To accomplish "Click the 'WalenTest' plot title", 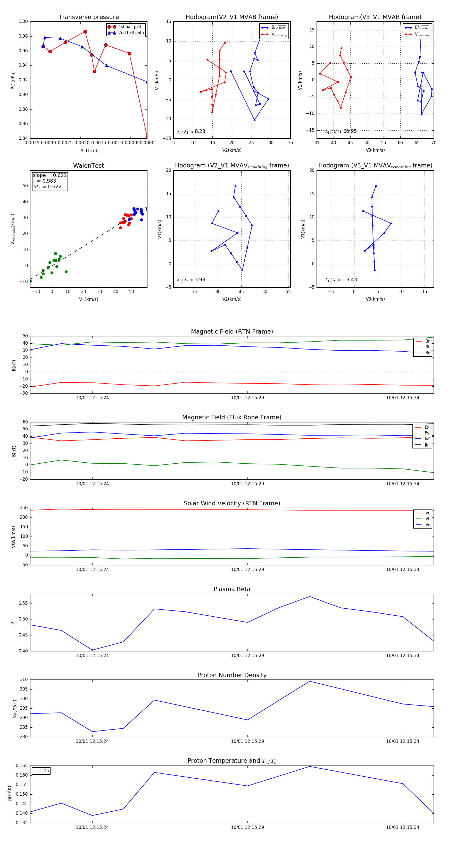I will (88, 166).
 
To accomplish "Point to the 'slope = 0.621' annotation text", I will (49, 175).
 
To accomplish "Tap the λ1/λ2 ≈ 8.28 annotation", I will (191, 131).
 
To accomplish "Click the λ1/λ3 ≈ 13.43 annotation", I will (341, 280).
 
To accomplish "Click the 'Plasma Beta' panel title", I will (232, 589).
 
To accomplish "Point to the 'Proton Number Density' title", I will (232, 675).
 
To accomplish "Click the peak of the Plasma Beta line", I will (309, 597).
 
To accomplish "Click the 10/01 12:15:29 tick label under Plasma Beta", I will (247, 655).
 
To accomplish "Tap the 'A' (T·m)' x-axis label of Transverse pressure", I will (88, 150).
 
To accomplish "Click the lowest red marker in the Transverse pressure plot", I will (147, 137).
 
